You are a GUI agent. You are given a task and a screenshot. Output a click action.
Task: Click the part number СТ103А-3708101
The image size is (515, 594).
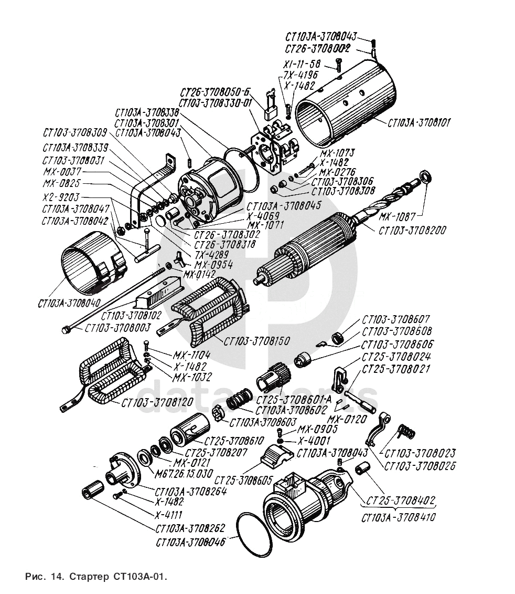[419, 123]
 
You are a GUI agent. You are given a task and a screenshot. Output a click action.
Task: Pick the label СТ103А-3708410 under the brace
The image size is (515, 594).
[398, 517]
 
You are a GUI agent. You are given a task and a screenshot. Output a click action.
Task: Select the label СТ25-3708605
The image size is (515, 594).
[242, 480]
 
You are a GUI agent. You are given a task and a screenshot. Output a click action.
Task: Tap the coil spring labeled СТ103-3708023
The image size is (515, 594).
[407, 431]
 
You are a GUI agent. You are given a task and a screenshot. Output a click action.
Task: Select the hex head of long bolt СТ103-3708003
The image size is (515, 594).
[65, 330]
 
